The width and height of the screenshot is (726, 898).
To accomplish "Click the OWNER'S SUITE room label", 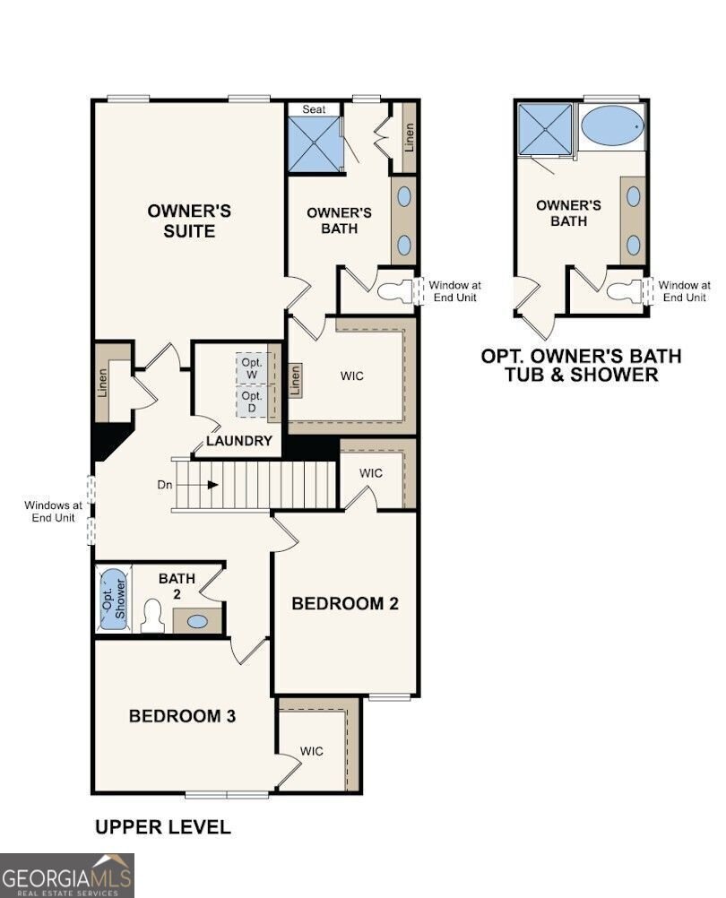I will pyautogui.click(x=189, y=220).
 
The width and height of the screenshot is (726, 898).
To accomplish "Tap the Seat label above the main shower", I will pyautogui.click(x=314, y=109).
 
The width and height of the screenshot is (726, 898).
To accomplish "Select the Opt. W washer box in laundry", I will pyautogui.click(x=252, y=367).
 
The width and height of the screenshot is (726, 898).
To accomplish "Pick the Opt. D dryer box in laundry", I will pyautogui.click(x=252, y=401).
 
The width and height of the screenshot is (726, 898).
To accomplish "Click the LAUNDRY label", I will pyautogui.click(x=238, y=441).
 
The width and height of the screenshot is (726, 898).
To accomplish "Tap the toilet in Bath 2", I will pyautogui.click(x=152, y=616).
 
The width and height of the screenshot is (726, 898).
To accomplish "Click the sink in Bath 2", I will pyautogui.click(x=197, y=620).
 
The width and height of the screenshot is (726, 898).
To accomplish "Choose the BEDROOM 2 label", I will pyautogui.click(x=345, y=603).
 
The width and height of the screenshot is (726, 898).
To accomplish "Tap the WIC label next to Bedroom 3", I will pyautogui.click(x=312, y=750).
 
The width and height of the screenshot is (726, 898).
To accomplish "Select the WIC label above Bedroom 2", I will pyautogui.click(x=372, y=472).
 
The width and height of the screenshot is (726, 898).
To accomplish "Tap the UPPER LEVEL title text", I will pyautogui.click(x=162, y=826).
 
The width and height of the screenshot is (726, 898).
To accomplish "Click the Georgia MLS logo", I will pyautogui.click(x=67, y=875).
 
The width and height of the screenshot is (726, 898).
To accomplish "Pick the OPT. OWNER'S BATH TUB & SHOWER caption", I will pyautogui.click(x=581, y=365).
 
